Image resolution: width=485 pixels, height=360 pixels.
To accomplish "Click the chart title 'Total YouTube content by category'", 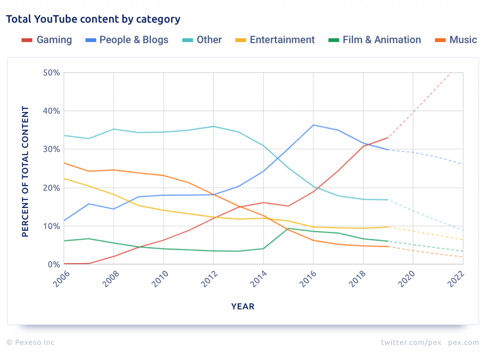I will (93, 19).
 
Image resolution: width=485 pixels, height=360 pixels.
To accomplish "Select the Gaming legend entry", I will (47, 40).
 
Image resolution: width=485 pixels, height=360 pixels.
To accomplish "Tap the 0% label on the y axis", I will (53, 265).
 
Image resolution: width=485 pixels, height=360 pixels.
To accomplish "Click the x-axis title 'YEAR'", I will (243, 307).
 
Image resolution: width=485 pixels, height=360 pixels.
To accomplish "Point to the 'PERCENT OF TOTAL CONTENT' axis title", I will (25, 171).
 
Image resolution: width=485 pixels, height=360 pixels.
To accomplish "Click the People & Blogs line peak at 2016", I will (313, 125).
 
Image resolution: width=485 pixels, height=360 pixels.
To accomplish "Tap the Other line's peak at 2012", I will (213, 126).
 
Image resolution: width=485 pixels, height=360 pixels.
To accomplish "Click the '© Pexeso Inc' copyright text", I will (30, 343).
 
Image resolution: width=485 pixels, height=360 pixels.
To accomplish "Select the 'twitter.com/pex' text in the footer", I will (411, 343).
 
